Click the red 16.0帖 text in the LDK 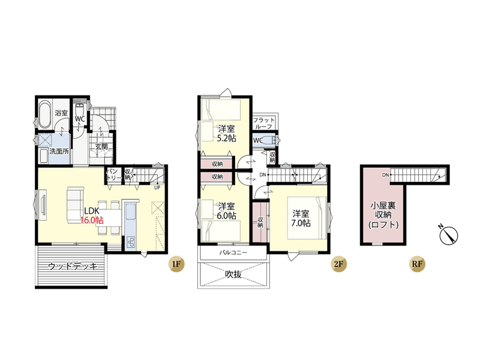tap(92, 220)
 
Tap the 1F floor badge tap(176, 263)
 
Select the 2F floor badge tap(338, 263)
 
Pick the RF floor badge tap(417, 263)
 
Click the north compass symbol tap(448, 235)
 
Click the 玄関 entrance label tap(101, 146)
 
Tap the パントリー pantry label tap(113, 175)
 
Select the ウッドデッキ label tap(73, 266)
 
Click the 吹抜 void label tap(233, 274)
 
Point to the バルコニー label tap(233, 253)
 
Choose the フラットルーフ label tap(264, 123)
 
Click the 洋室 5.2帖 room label tap(227, 133)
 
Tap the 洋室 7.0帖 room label tap(301, 218)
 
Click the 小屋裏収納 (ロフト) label tap(383, 215)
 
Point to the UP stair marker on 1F tap(157, 188)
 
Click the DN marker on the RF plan tap(385, 175)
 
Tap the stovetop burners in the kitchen tap(131, 241)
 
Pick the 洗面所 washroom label tap(59, 151)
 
